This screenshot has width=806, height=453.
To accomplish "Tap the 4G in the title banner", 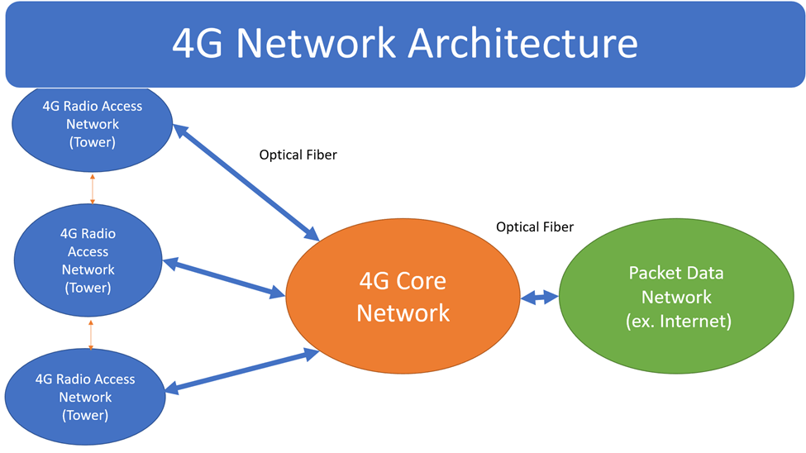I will point(198,43).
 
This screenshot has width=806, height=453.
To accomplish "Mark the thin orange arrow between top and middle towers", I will point(92,190).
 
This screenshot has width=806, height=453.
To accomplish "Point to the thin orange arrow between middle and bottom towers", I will point(90,335).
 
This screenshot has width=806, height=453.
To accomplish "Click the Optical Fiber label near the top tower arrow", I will point(298,155).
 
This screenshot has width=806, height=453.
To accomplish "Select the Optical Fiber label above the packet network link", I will point(535,226).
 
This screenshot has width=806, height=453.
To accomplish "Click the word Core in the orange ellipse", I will point(422,281).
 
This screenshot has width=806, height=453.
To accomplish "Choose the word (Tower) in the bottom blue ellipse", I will point(85,415).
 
